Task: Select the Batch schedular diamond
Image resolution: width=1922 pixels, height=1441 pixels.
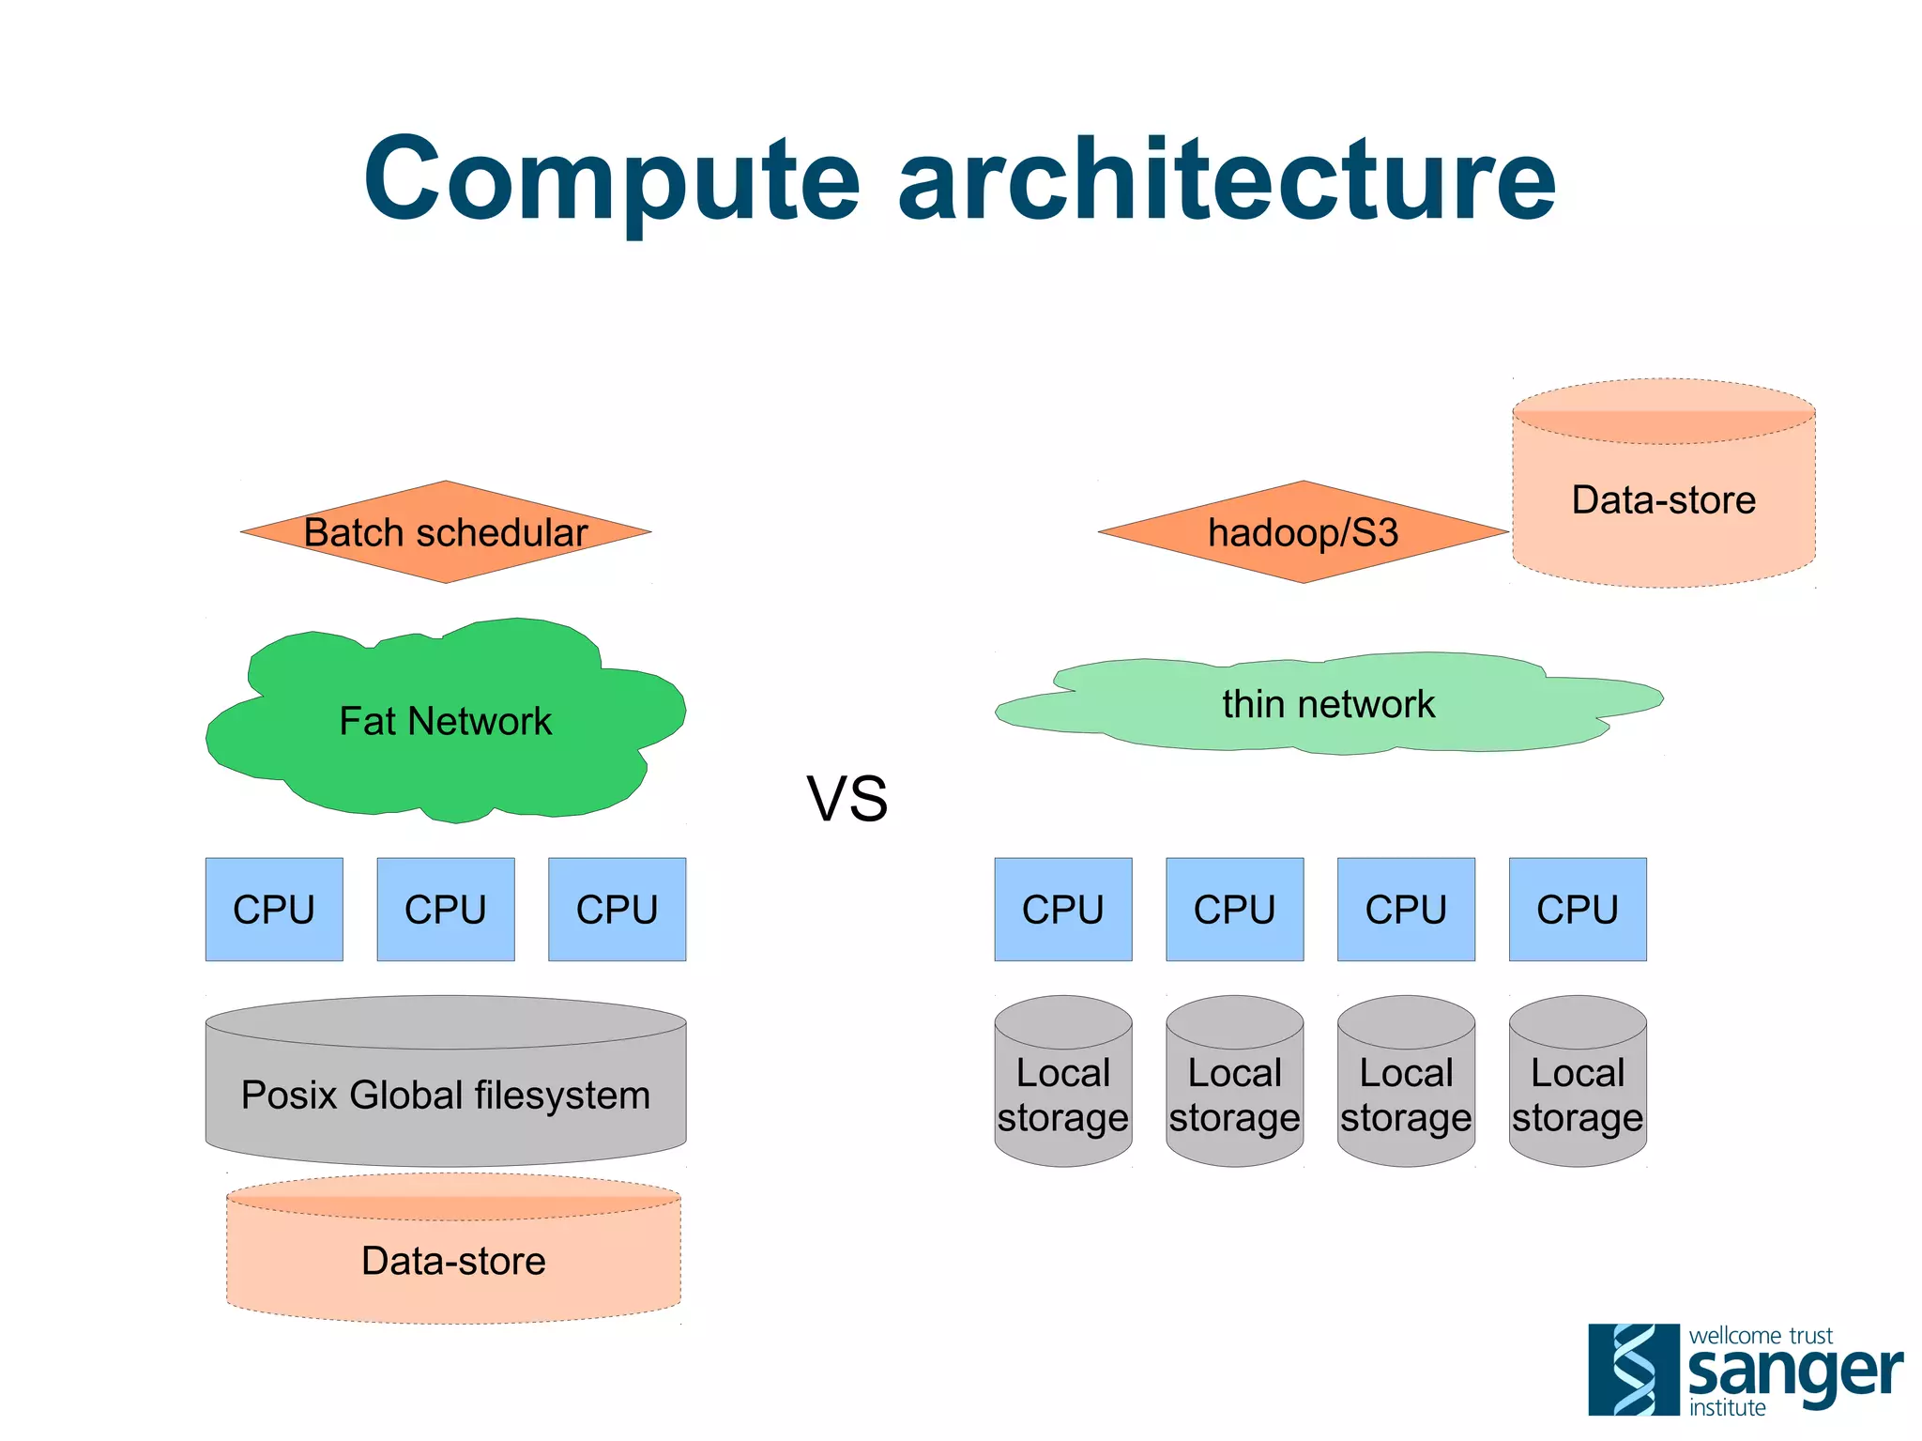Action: (446, 532)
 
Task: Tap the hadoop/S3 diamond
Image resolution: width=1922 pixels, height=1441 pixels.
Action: (1303, 532)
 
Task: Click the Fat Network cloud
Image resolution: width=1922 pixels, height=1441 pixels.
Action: (446, 721)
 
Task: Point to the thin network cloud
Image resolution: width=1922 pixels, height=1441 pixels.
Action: (1328, 704)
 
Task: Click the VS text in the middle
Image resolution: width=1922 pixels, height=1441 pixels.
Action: (847, 799)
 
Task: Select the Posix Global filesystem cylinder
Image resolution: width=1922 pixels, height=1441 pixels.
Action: (446, 1094)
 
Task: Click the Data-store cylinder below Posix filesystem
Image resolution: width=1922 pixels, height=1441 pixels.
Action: (453, 1260)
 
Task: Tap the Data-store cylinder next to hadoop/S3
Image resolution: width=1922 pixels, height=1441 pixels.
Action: (1663, 499)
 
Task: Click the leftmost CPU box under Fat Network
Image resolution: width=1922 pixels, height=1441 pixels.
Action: (274, 909)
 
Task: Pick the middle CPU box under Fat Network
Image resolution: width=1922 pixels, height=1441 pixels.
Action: (446, 909)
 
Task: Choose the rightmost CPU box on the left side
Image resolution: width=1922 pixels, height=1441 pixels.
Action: (617, 909)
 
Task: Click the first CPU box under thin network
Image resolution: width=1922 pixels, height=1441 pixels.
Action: (1063, 909)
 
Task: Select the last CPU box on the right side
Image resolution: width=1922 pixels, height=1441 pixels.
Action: (1578, 909)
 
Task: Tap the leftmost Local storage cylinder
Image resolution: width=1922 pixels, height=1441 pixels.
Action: (1063, 1094)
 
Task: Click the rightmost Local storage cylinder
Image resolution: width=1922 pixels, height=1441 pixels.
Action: (1578, 1094)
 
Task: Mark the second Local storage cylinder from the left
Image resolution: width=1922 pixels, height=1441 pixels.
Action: (1234, 1094)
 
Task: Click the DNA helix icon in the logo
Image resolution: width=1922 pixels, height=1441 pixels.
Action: (1633, 1369)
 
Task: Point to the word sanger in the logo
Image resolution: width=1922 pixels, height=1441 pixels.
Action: (1794, 1372)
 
